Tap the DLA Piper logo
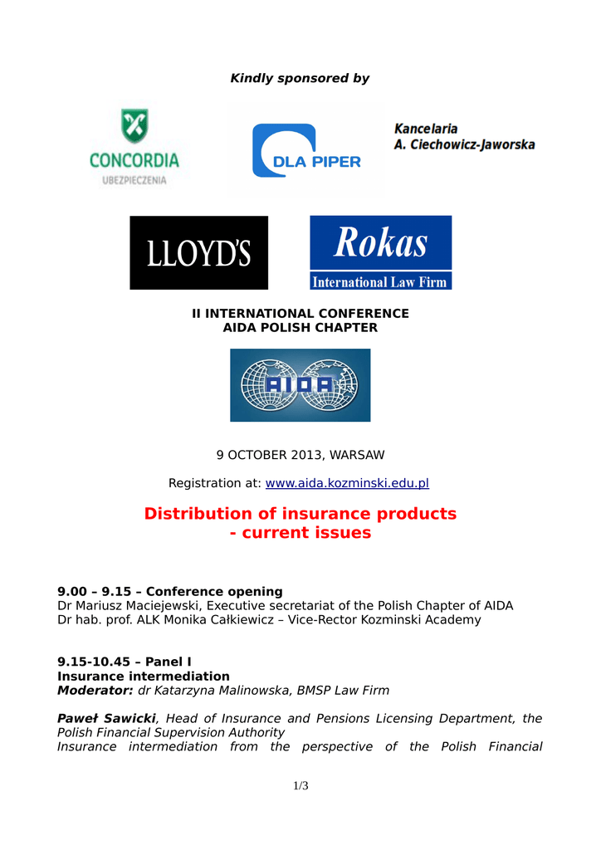pos(306,150)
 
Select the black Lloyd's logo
pos(198,252)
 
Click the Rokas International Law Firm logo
pos(380,252)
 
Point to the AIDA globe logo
pos(300,384)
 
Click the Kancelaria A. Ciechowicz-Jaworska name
pos(464,137)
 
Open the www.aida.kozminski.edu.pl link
pos(346,483)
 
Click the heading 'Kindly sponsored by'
pos(300,78)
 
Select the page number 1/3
pos(300,786)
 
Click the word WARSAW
pos(357,455)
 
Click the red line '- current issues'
pos(300,533)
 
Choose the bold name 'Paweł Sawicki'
pos(105,718)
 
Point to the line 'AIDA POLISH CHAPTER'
pos(300,328)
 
